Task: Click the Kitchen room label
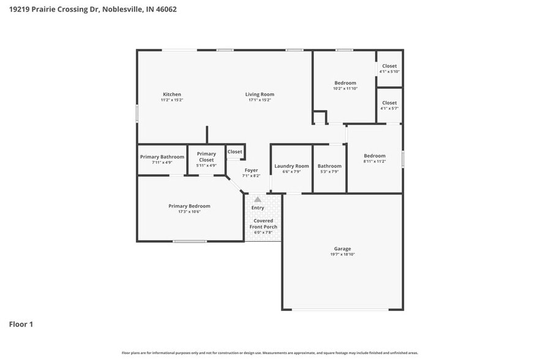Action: pyautogui.click(x=171, y=94)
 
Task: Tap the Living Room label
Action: pyautogui.click(x=260, y=94)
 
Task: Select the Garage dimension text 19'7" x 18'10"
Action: pyautogui.click(x=342, y=254)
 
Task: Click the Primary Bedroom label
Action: pyautogui.click(x=189, y=206)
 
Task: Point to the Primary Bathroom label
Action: pyautogui.click(x=162, y=157)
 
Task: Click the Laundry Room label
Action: pyautogui.click(x=291, y=166)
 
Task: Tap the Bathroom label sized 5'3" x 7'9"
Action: pyautogui.click(x=329, y=166)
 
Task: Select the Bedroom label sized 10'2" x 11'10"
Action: pyautogui.click(x=345, y=83)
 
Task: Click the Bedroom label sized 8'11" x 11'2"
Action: pyautogui.click(x=374, y=156)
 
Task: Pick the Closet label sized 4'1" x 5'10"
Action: pyautogui.click(x=389, y=66)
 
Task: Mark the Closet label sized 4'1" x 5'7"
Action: pyautogui.click(x=389, y=103)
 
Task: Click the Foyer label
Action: pyautogui.click(x=251, y=170)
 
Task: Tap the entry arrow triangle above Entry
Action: pyautogui.click(x=258, y=200)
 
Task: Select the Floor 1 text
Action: pyautogui.click(x=21, y=324)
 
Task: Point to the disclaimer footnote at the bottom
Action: pyautogui.click(x=269, y=353)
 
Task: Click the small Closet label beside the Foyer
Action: pyautogui.click(x=235, y=151)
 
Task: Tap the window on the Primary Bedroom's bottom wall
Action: pyautogui.click(x=189, y=241)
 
